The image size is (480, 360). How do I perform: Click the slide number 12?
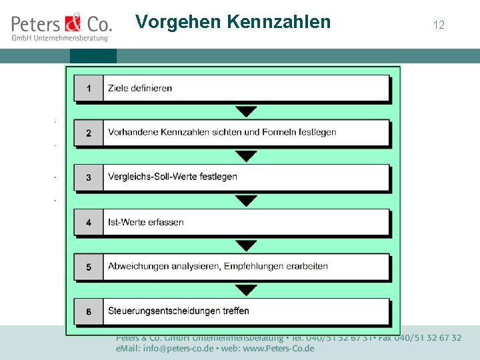coord(439,25)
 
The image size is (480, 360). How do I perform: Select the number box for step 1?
coord(89,88)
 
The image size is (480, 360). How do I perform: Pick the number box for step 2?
coord(89,133)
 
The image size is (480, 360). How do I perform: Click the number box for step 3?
coord(89,177)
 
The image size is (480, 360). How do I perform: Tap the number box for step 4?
coord(89,222)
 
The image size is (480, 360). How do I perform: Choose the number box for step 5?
coord(89,267)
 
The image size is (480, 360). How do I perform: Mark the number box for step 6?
coord(89,311)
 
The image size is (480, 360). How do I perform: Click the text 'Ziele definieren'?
coord(140,88)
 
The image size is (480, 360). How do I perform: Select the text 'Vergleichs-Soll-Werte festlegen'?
coord(173,177)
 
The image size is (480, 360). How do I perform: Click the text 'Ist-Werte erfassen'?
coord(146,222)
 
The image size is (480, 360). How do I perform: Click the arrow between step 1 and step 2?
coord(247,111)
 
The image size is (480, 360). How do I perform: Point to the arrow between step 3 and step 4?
coord(247,200)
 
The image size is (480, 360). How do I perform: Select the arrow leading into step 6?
coord(247,289)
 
